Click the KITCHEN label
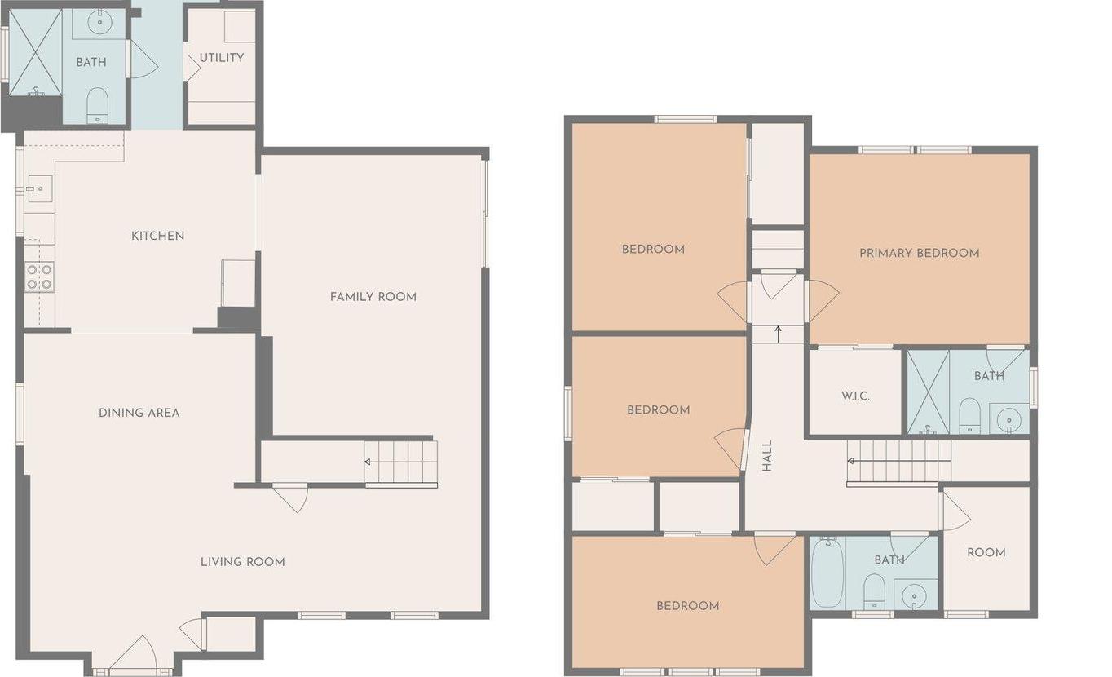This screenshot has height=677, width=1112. [158, 236]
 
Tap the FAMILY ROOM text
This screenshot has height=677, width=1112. [373, 297]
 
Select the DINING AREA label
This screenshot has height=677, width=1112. [139, 413]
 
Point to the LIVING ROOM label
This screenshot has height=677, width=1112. [242, 562]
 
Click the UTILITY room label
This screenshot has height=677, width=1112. [221, 58]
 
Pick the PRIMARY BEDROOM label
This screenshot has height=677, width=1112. [919, 253]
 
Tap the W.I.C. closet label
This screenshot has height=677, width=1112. [855, 396]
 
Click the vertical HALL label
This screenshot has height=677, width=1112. [766, 457]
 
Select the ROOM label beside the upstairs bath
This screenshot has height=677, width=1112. [986, 553]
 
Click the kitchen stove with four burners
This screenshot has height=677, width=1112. [39, 277]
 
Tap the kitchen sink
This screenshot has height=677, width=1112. [39, 188]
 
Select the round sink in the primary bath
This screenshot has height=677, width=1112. [1010, 420]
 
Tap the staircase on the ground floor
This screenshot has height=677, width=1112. [400, 463]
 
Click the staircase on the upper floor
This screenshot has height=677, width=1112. [898, 462]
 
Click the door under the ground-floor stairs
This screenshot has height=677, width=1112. [290, 498]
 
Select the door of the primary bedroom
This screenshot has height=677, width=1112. [821, 299]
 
